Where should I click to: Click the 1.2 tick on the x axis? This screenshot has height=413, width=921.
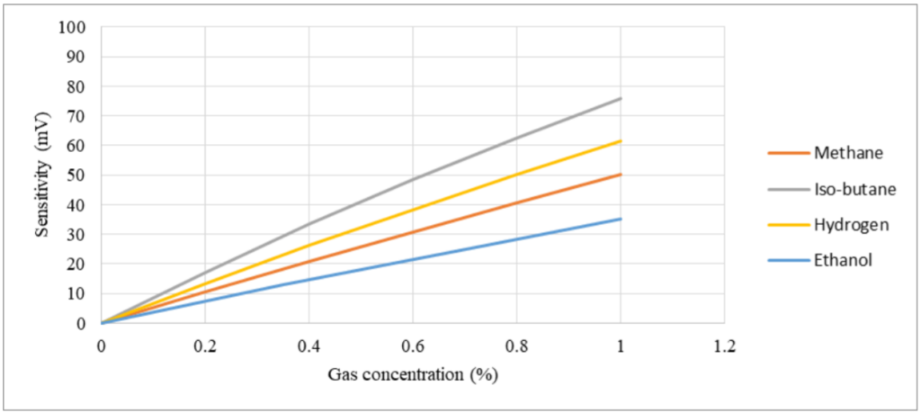coord(724,345)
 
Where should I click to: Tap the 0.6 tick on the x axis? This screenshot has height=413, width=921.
coord(413,345)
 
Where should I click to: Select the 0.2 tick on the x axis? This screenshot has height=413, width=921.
coord(205,345)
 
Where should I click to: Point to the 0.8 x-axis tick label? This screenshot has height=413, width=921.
coord(516,345)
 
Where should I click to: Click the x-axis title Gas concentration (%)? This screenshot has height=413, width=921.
coord(413,373)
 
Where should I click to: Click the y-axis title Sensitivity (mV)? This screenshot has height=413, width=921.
coord(42,175)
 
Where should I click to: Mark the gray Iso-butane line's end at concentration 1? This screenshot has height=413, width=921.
coord(621,98)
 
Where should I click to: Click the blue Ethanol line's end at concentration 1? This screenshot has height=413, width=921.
coord(621,219)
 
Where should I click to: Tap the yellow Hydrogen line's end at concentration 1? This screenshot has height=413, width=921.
coord(621,140)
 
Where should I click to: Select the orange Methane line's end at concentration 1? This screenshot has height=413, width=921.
coord(621,174)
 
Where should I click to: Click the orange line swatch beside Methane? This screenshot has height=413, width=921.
coord(787,152)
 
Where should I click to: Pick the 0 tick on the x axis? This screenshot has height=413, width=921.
coord(102,345)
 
